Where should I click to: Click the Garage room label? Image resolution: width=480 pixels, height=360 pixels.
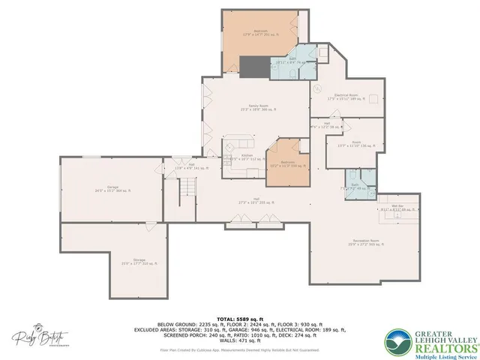pyautogui.click(x=113, y=188)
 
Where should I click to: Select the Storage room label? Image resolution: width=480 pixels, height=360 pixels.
pyautogui.click(x=113, y=263)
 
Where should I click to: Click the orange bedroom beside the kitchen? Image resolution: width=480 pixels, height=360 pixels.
pyautogui.click(x=289, y=162)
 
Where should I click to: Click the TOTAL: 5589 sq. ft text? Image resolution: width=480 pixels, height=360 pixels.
pyautogui.click(x=240, y=319)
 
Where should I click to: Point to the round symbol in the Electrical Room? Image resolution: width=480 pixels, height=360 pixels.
pyautogui.click(x=316, y=88)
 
